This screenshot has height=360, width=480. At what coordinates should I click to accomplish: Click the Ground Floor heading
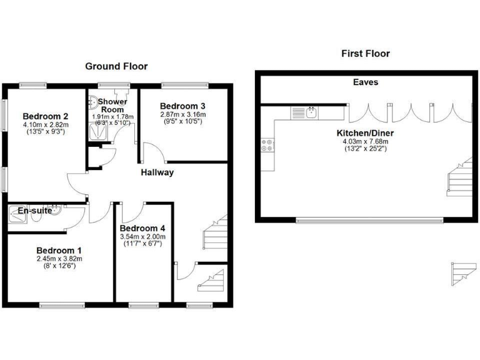click(116, 66)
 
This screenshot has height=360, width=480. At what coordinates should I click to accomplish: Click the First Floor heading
click(366, 54)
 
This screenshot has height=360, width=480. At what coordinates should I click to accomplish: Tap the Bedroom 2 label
click(46, 116)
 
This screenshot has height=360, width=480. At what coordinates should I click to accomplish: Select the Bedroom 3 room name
click(182, 106)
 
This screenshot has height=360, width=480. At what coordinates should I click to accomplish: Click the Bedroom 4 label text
click(142, 227)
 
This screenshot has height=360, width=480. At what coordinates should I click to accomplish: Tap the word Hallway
click(156, 172)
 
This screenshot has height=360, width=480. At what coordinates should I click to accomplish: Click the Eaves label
click(365, 82)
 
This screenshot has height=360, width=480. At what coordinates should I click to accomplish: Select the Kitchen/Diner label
click(365, 133)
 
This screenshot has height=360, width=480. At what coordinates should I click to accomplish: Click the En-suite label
click(35, 211)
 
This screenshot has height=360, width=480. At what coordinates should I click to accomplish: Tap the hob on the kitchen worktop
click(266, 145)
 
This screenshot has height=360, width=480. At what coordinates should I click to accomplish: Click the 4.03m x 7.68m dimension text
click(365, 142)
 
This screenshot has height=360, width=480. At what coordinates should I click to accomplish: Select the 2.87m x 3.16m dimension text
click(182, 115)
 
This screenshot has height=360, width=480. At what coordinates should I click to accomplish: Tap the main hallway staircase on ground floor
click(214, 231)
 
